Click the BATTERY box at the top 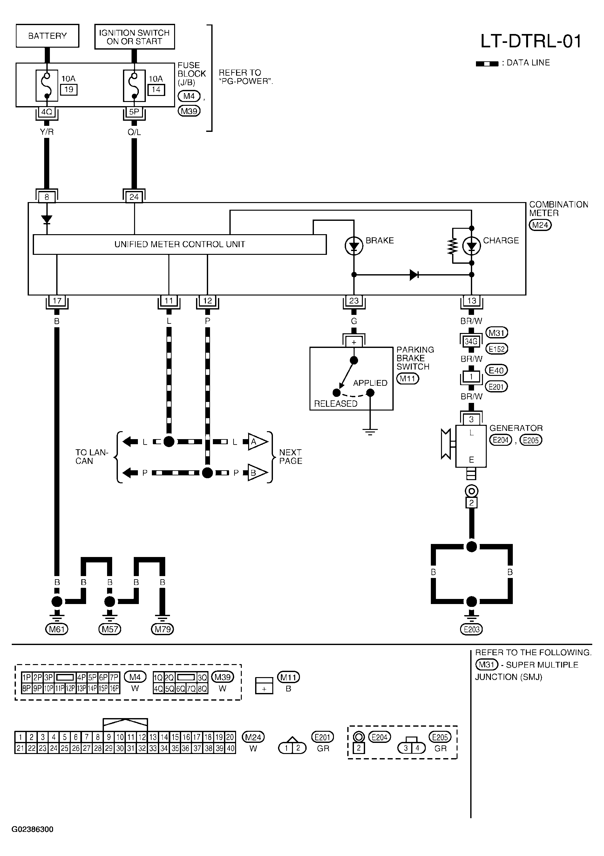pos(47,36)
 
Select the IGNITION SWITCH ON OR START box pos(135,37)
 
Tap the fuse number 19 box pos(69,90)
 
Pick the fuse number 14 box pos(156,90)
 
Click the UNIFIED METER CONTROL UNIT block pos(180,245)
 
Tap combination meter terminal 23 pos(354,301)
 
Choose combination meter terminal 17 pos(57,301)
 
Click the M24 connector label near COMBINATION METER pos(540,225)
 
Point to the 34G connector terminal pos(471,341)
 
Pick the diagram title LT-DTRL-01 pos(531,41)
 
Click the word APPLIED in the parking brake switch pos(370,383)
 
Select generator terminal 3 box pos(471,419)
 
